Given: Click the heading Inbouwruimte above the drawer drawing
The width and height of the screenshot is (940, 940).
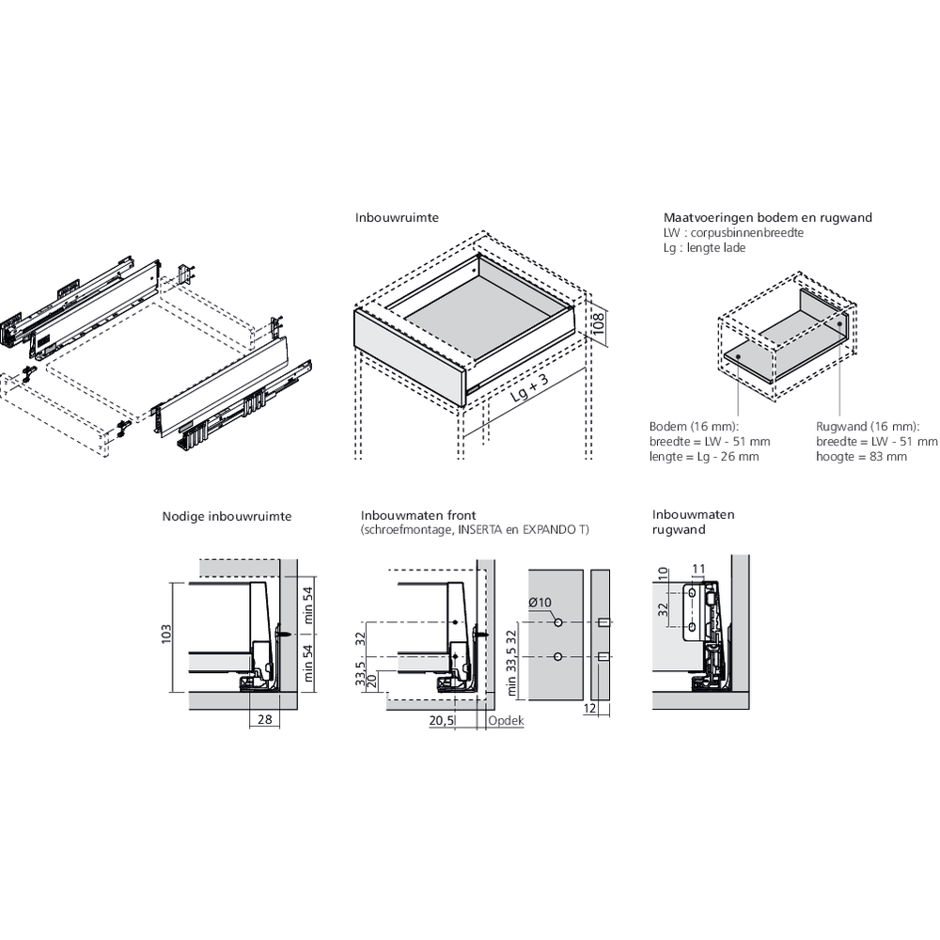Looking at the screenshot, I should [x=397, y=218].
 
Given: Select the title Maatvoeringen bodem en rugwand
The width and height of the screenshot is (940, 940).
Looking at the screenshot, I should [x=767, y=218].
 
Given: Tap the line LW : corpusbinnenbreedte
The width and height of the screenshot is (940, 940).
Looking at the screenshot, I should [x=733, y=232].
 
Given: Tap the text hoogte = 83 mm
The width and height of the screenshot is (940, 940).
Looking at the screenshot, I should [x=862, y=456].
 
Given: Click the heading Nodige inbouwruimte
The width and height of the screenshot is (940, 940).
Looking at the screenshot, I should [x=227, y=516].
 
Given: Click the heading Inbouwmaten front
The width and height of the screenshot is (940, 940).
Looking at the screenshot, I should [x=418, y=515].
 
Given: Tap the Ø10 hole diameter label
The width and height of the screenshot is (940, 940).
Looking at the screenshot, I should [x=540, y=602].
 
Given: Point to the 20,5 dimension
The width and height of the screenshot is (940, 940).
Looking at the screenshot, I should [x=442, y=720].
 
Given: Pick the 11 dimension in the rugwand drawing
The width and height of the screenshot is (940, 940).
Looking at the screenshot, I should [x=697, y=568].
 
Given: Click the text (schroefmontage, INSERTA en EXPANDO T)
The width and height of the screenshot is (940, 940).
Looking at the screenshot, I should [x=475, y=529].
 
